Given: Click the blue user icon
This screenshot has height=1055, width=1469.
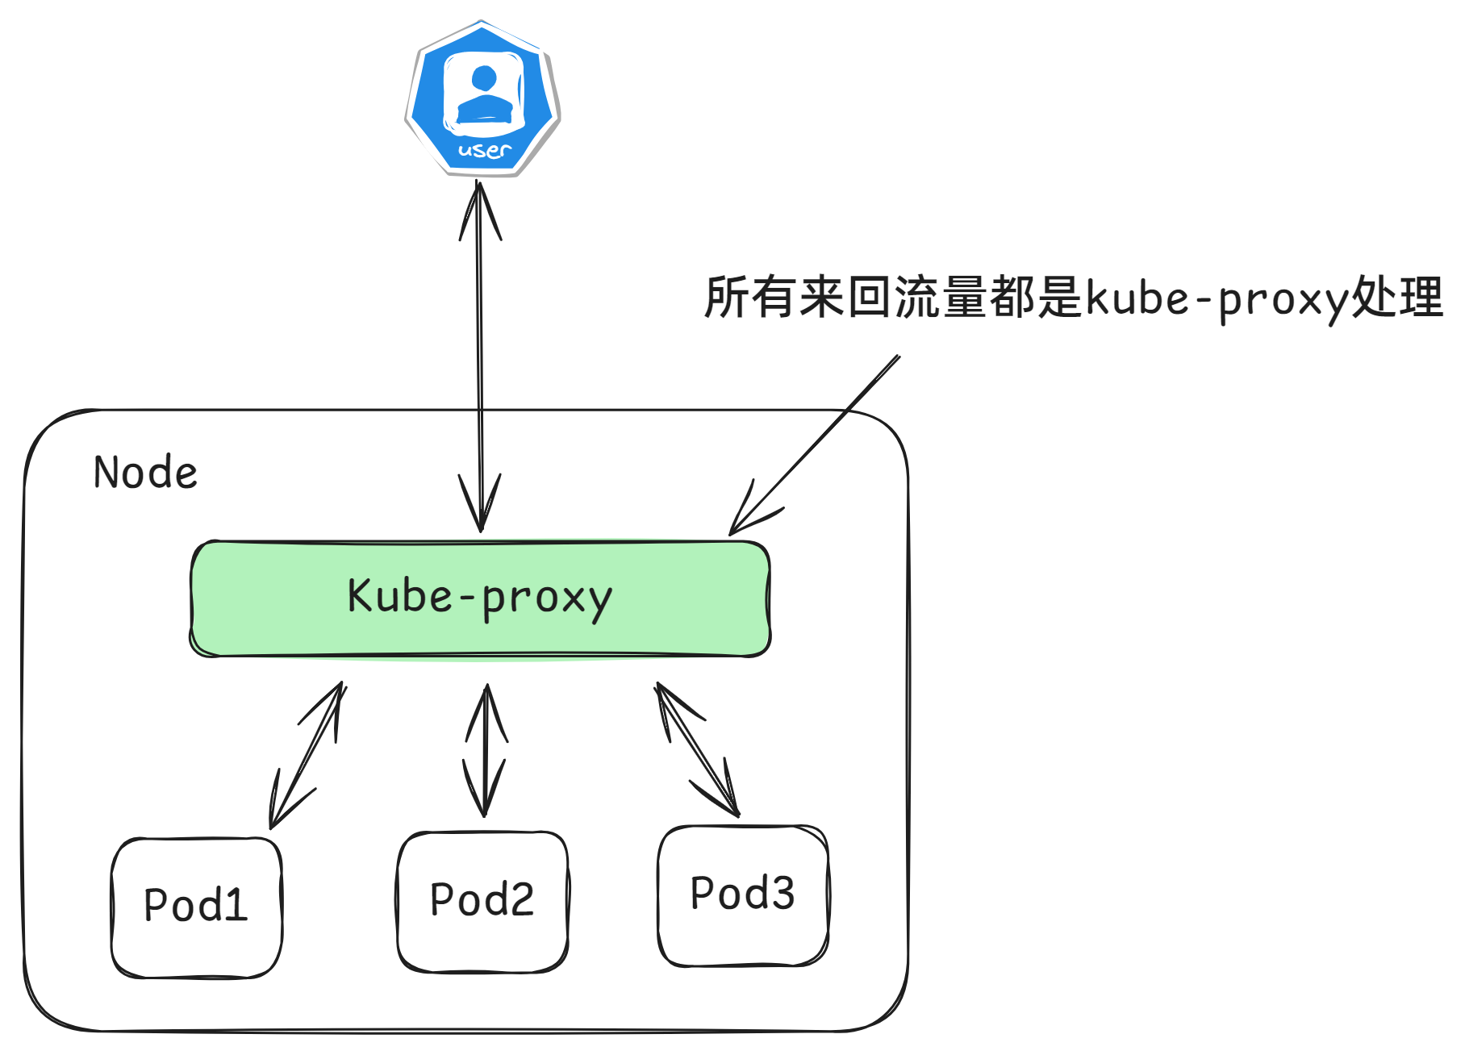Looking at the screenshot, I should (482, 98).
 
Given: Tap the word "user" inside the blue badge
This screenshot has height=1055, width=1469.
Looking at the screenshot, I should (484, 150).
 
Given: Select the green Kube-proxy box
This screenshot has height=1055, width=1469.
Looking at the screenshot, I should (480, 598).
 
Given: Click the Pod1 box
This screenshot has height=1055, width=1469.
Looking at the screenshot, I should (196, 907).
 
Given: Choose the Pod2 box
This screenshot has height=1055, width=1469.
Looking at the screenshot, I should (482, 901).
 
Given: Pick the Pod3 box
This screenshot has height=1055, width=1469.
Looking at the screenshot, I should (743, 894).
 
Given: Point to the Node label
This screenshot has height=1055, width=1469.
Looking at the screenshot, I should (145, 473).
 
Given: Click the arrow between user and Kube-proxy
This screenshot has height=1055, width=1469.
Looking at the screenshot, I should (480, 355).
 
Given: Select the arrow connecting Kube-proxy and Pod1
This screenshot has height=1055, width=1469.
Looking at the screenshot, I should (307, 756).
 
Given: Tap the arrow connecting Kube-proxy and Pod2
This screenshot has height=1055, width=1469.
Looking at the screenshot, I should (486, 750).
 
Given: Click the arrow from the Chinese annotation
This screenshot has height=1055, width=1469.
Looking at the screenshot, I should (815, 444).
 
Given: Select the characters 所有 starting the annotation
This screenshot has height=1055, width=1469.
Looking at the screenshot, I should (750, 297).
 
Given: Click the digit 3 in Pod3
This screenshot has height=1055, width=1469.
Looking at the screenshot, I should (780, 894).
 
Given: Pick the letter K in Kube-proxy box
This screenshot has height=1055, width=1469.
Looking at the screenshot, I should (360, 596).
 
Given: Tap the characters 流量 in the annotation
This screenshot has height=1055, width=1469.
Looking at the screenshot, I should (940, 297).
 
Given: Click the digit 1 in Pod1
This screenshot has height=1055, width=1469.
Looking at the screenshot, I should (235, 905).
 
